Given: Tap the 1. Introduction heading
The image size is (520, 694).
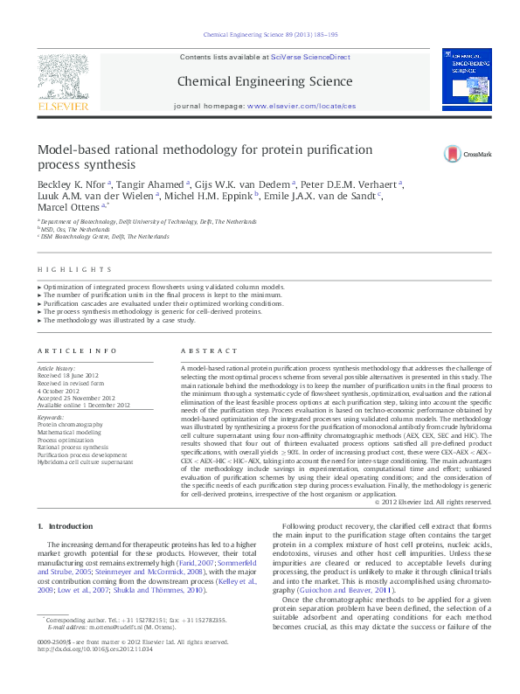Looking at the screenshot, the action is tap(68, 526).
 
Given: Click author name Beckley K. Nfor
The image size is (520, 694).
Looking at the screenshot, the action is tap(72, 185).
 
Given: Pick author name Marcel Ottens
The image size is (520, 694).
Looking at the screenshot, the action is tap(67, 210).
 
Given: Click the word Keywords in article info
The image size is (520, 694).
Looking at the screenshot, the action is tap(51, 418).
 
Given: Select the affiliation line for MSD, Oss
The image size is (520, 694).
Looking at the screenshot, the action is tap(76, 230).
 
